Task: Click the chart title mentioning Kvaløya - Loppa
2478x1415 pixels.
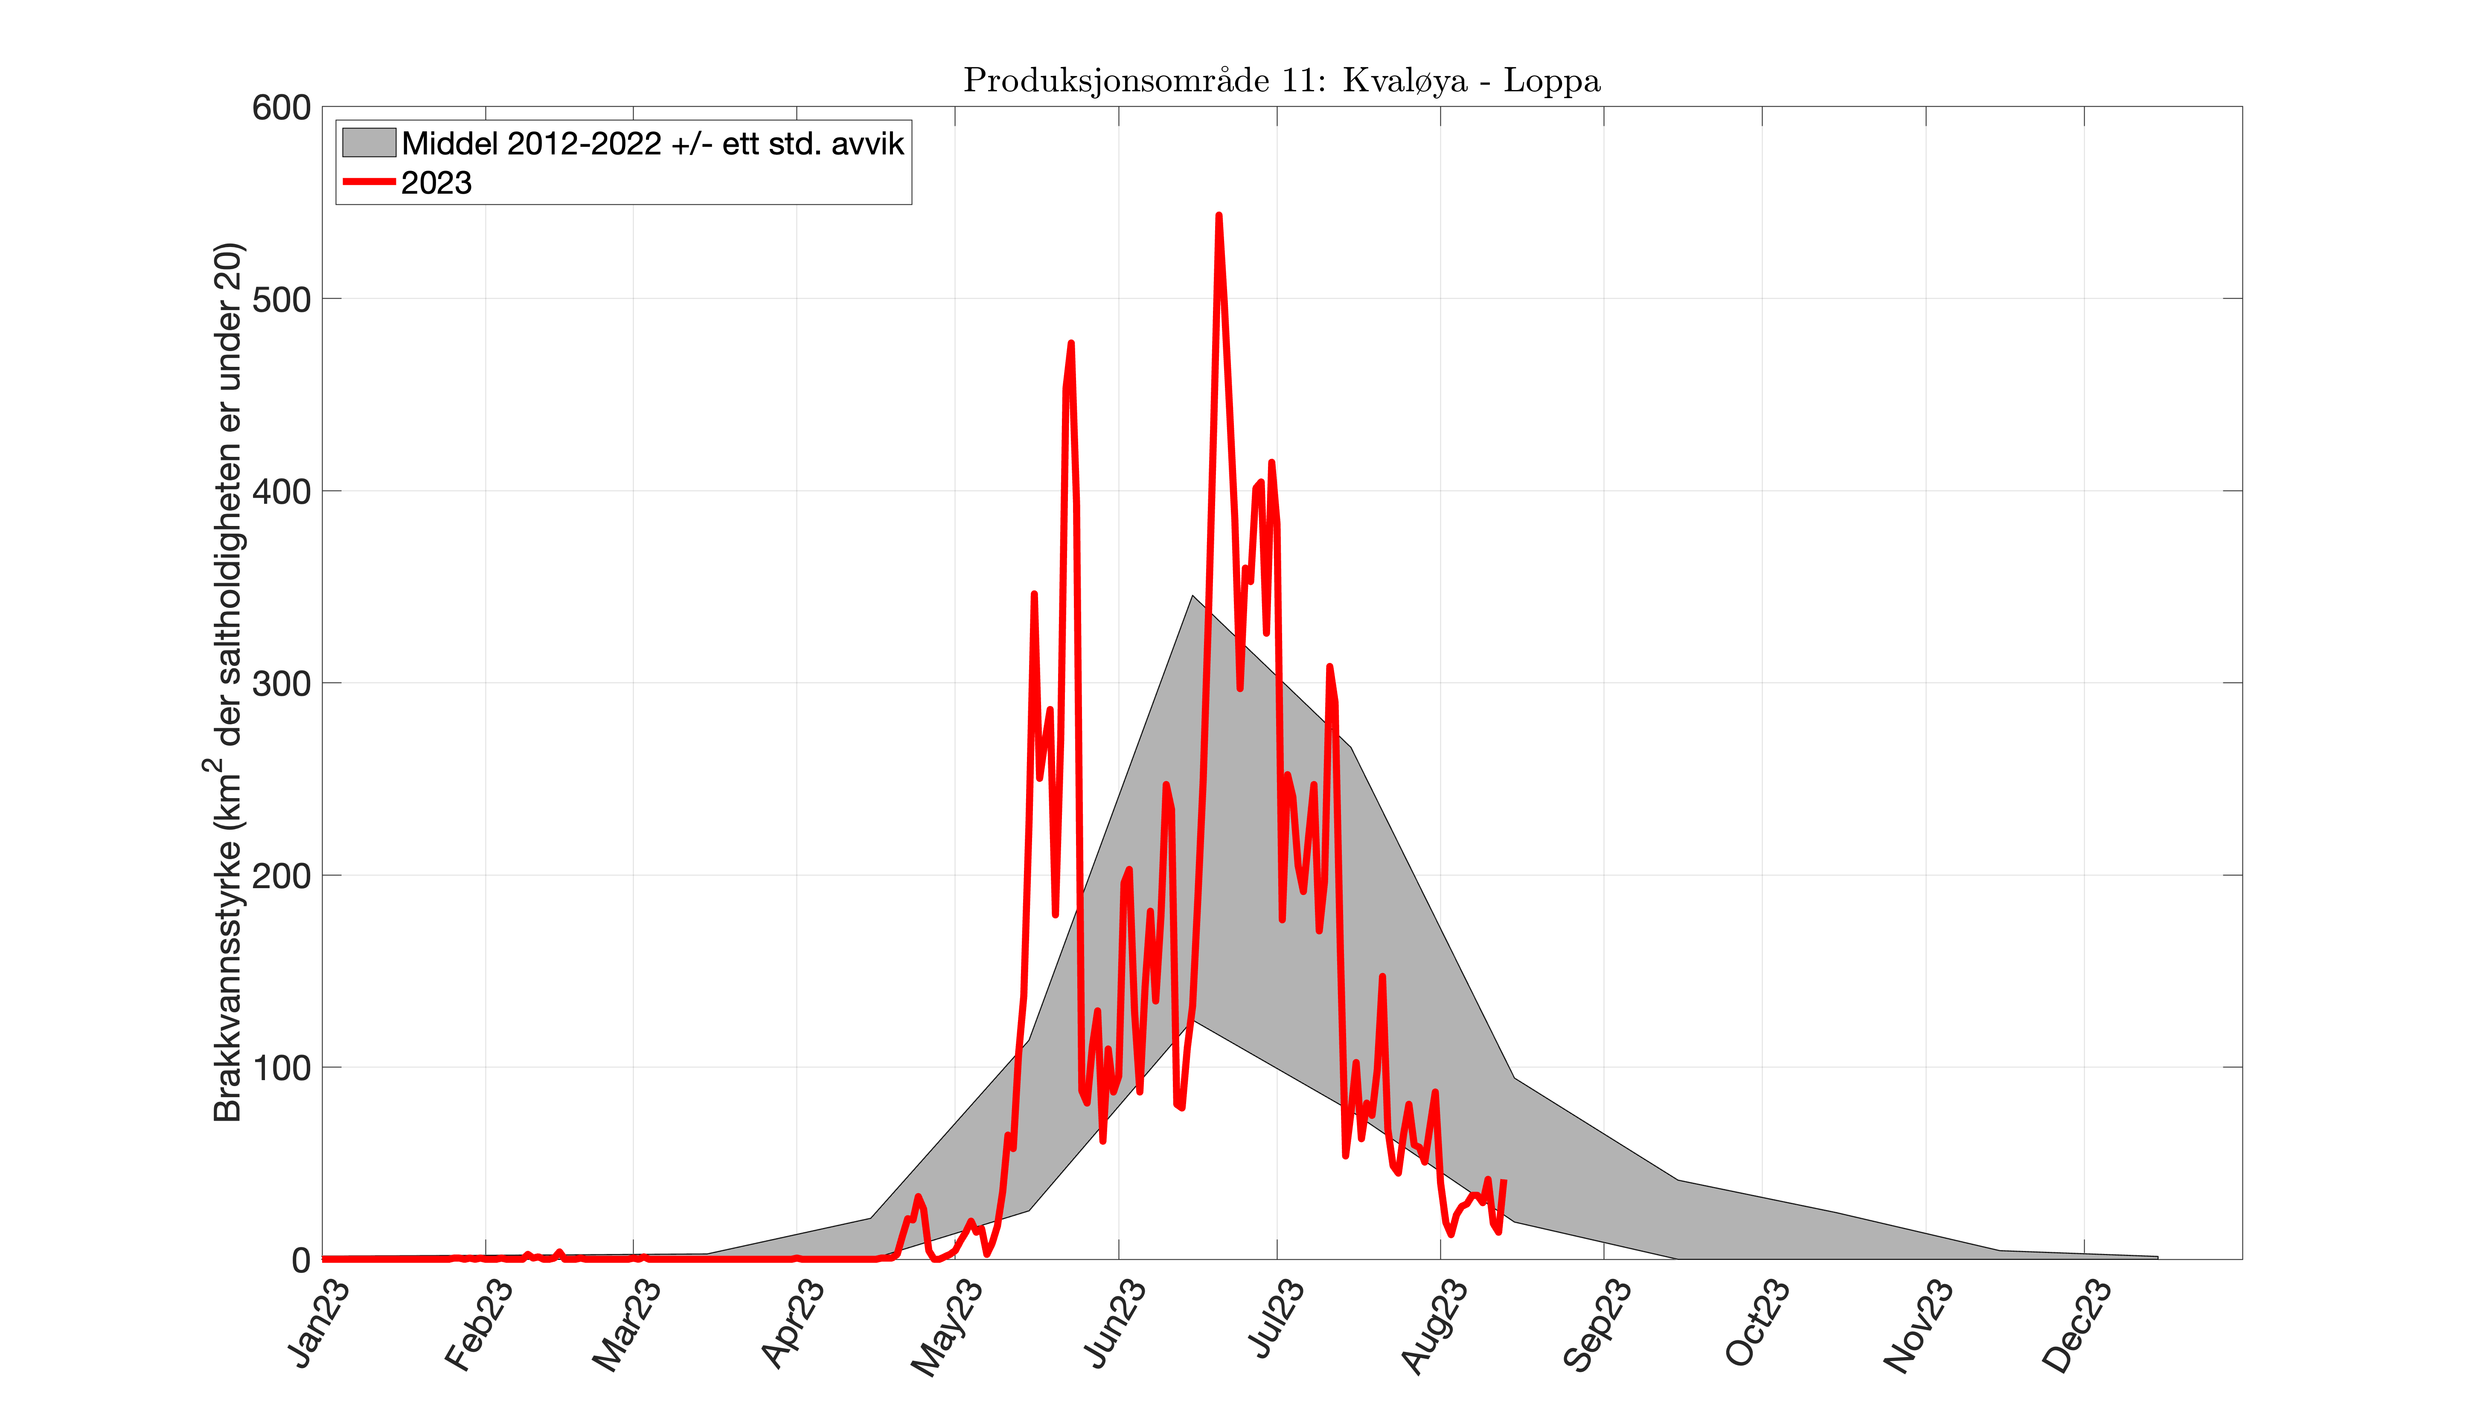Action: click(1281, 81)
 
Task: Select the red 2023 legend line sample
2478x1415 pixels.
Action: click(368, 182)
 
